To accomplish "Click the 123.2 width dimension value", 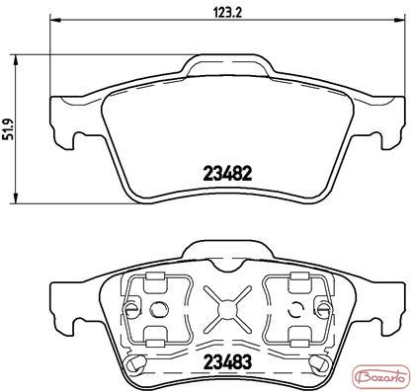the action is (x=228, y=13).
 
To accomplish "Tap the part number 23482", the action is (x=228, y=174).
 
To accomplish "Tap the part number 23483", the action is (x=228, y=361).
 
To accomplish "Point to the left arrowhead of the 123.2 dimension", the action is (x=55, y=20).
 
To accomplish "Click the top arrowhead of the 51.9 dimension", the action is (x=15, y=60).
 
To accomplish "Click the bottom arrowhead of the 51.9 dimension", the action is (x=15, y=197).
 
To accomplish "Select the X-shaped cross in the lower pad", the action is (x=228, y=309).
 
